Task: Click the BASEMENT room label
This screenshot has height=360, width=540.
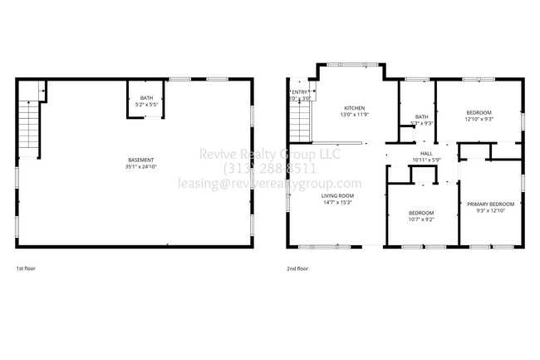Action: tap(140, 160)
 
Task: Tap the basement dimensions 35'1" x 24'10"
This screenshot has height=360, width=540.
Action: tap(140, 166)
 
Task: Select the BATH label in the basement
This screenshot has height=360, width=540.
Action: tap(146, 98)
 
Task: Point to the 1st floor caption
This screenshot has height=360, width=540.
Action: tap(26, 269)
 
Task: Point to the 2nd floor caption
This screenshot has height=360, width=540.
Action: tap(297, 269)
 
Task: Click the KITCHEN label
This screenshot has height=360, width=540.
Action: tap(355, 108)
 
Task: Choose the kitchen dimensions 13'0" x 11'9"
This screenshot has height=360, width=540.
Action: tap(355, 115)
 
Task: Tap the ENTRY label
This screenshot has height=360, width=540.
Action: tap(299, 92)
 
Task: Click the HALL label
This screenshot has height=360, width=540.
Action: tap(426, 153)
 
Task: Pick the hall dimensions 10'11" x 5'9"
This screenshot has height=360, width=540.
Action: tap(426, 160)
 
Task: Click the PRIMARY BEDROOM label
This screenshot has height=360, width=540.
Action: tap(490, 204)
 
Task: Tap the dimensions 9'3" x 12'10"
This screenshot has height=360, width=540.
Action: tap(490, 210)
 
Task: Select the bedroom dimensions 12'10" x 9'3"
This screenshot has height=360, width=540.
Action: tap(479, 119)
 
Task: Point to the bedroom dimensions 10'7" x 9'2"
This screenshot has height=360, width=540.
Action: tap(421, 219)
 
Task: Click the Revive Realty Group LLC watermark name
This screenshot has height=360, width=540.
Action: tap(270, 154)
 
